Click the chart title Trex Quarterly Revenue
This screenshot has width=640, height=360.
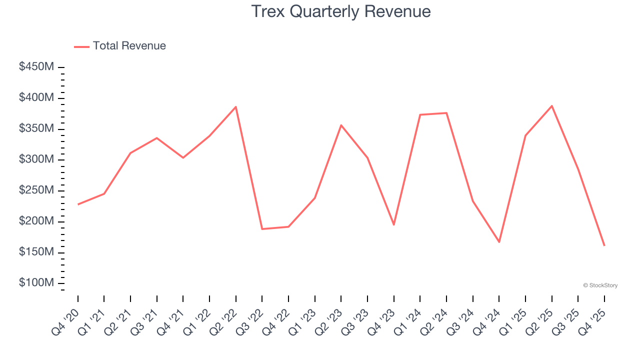(340, 11)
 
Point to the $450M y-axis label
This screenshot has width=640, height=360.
(36, 67)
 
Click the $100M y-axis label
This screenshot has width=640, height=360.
(36, 283)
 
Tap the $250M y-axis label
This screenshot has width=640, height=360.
(36, 190)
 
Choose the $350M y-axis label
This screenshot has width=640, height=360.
(36, 128)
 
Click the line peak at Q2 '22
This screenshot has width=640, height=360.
(235, 106)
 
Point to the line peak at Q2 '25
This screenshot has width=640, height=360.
(551, 106)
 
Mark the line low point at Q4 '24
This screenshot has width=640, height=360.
(499, 242)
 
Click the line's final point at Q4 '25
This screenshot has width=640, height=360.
(604, 245)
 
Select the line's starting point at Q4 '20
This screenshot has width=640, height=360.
(78, 204)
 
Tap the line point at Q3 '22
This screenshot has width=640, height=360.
(262, 229)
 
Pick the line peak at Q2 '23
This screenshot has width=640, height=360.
(341, 125)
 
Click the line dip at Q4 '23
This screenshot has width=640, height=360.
(393, 225)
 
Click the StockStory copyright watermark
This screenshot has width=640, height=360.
(600, 285)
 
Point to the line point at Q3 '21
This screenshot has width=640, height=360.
(157, 138)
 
